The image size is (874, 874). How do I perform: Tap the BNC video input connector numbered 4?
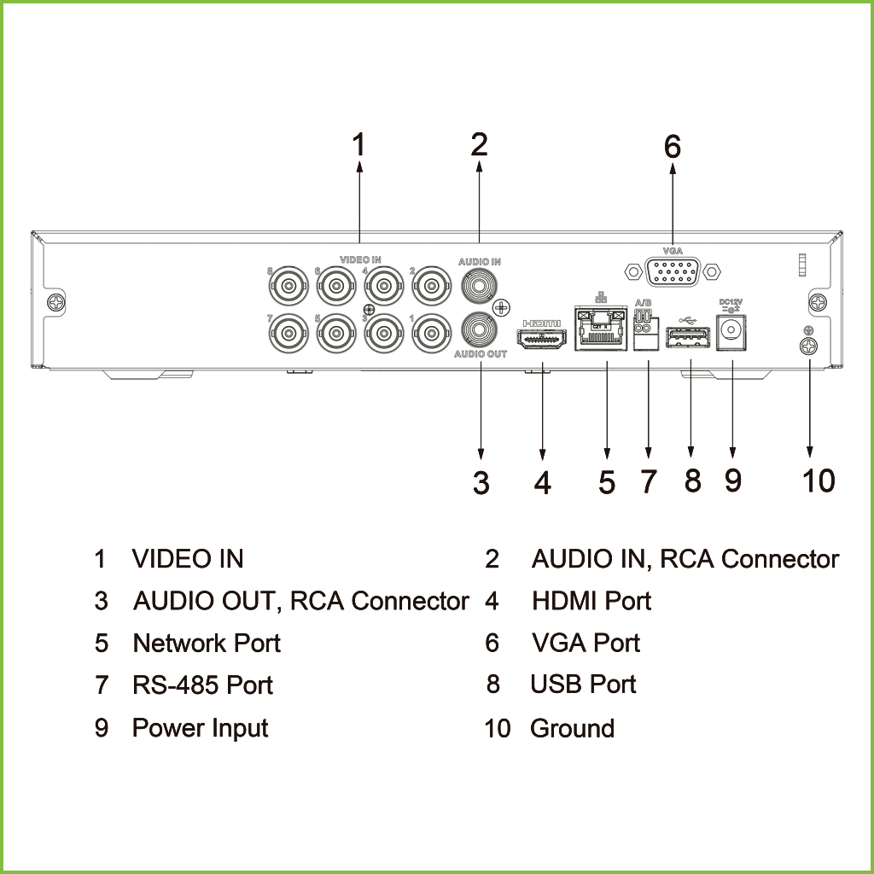382,283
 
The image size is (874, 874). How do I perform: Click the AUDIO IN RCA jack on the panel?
480,284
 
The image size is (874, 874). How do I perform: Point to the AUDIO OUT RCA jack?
480,329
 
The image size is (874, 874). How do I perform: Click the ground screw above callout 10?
808,346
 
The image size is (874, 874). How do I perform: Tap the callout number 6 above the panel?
673,147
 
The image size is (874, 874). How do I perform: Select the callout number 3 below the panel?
481,483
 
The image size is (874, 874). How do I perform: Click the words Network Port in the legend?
207,643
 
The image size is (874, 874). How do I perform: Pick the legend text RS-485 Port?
203,685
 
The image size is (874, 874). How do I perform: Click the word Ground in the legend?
572,728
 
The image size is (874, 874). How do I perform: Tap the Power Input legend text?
200,728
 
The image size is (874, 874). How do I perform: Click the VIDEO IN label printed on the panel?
360,259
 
